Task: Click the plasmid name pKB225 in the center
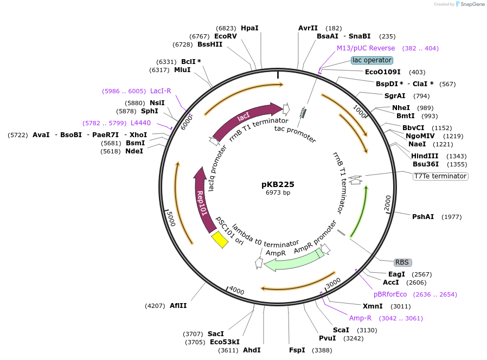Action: click(278, 184)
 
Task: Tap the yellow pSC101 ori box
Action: click(220, 239)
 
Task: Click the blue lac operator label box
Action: click(371, 60)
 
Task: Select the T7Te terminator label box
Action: click(440, 176)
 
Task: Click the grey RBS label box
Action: click(402, 262)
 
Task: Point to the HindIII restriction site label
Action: click(425, 156)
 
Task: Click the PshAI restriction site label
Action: click(423, 217)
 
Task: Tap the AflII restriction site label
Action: click(178, 306)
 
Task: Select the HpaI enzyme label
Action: click(249, 28)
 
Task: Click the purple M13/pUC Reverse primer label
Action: click(366, 48)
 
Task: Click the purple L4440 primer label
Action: click(140, 123)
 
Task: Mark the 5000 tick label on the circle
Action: click(170, 218)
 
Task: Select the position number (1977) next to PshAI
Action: click(452, 217)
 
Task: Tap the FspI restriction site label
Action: click(297, 350)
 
